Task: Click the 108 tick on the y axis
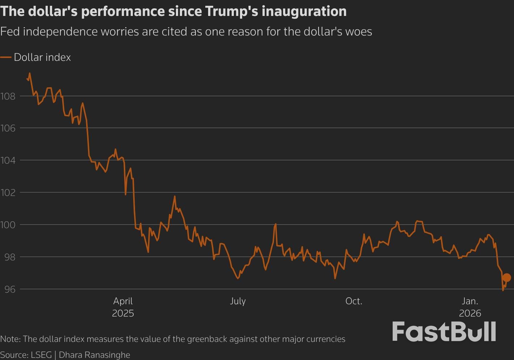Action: (x=8, y=96)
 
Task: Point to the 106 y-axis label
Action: (x=8, y=128)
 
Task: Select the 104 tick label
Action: (x=8, y=160)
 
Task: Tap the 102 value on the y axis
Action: (x=8, y=193)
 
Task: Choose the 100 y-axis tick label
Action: (x=8, y=225)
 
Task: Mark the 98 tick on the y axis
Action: (x=8, y=257)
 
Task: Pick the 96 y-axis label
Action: (x=8, y=289)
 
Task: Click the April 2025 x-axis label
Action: (x=123, y=307)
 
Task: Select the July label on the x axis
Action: (x=238, y=301)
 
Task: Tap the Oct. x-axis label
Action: (x=354, y=301)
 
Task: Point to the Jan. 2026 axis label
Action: (x=470, y=307)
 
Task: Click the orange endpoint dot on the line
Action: (x=506, y=277)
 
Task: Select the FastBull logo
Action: (x=444, y=331)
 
